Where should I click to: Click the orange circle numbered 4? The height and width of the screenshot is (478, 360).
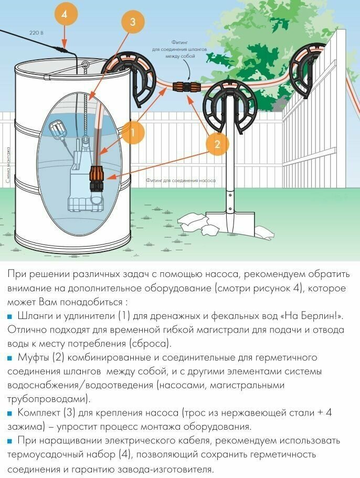64,14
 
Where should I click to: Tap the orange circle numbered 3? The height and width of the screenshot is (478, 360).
133,22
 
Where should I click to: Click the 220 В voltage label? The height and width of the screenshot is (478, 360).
36,33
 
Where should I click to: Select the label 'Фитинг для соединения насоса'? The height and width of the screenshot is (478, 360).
181,180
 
